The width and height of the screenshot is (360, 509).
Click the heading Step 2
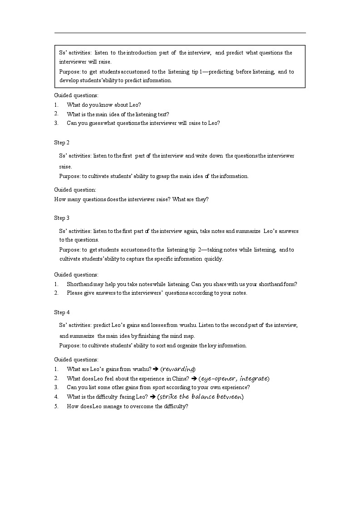pyautogui.click(x=62, y=143)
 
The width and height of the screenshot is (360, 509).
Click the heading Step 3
pyautogui.click(x=62, y=218)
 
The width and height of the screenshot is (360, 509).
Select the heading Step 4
pyautogui.click(x=62, y=312)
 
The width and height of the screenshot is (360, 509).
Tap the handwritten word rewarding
pyautogui.click(x=178, y=369)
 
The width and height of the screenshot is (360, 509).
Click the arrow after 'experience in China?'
pyautogui.click(x=193, y=378)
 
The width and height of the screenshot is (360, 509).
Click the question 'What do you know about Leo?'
pyautogui.click(x=104, y=105)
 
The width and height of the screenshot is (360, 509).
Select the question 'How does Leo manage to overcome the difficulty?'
pyautogui.click(x=127, y=406)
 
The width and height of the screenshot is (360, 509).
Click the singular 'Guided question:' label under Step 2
pyautogui.click(x=75, y=190)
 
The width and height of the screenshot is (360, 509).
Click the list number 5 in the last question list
pyautogui.click(x=56, y=406)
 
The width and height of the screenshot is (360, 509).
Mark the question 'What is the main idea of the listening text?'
pyautogui.click(x=118, y=114)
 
